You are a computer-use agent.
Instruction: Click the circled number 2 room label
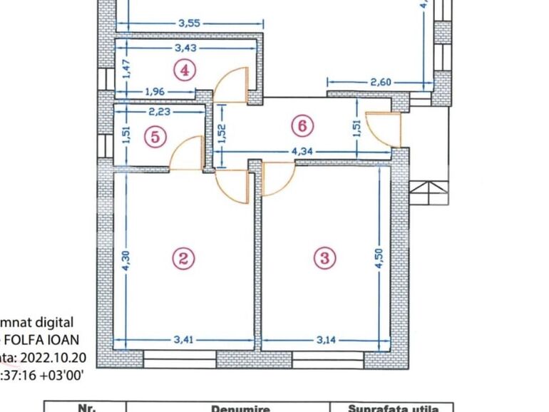tap(184, 258)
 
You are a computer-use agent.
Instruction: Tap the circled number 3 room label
tap(324, 258)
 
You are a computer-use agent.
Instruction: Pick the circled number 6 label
tap(302, 125)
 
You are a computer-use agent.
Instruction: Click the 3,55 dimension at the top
tap(189, 22)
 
